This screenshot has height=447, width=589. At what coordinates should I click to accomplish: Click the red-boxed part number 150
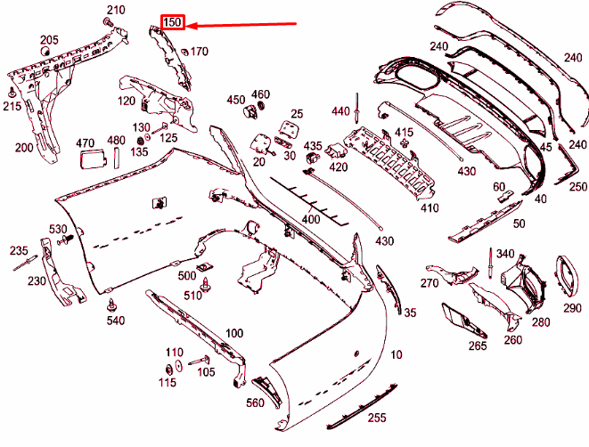click(172, 22)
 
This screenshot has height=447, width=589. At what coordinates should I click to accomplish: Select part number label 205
click(49, 40)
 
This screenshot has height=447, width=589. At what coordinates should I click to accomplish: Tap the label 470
click(85, 142)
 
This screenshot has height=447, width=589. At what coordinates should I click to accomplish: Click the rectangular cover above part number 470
click(91, 160)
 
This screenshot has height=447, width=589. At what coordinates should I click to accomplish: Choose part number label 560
click(257, 403)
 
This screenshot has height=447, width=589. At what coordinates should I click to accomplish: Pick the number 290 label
click(571, 308)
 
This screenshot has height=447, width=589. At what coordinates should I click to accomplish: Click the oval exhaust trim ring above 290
click(567, 275)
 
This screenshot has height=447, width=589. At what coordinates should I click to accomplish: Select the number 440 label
click(341, 111)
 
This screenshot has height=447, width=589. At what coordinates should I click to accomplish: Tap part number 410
click(430, 208)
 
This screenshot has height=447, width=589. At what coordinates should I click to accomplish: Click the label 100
click(233, 334)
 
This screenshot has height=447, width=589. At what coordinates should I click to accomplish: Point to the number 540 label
click(116, 320)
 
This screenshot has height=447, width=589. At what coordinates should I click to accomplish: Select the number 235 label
click(19, 251)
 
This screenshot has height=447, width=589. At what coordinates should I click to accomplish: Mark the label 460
click(260, 94)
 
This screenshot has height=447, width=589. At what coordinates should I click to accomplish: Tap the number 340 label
click(505, 255)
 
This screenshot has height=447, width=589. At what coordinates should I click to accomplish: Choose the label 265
click(478, 345)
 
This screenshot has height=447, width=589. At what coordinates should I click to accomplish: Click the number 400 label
click(310, 219)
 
